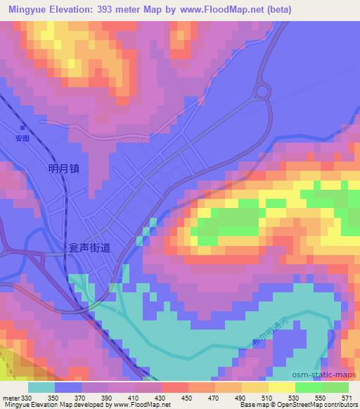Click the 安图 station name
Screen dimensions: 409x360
[x=23, y=138]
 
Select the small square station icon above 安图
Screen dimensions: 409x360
[x=23, y=128]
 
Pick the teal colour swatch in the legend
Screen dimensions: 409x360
[x=41, y=387]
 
